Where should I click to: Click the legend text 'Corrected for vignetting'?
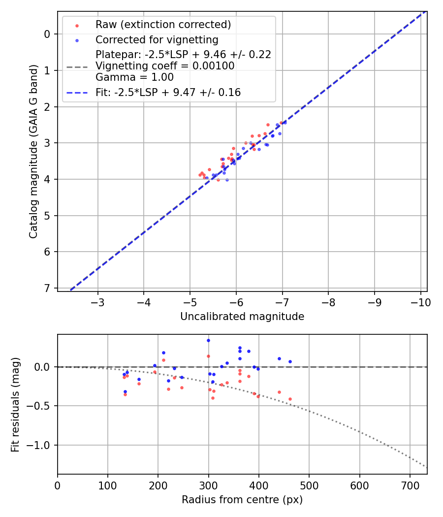pos(157,39)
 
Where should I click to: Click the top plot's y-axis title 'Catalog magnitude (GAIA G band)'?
pos(33,151)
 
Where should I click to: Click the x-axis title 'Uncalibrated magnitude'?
pos(242,317)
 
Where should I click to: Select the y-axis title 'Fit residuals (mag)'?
pos(15,405)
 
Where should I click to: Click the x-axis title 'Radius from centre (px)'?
pos(242,500)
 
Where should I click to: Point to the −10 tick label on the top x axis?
pos(421,302)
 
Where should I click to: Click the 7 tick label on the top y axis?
pos(47,288)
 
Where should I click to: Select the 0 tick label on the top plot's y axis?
pos(47,34)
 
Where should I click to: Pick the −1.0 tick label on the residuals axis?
pos(41,445)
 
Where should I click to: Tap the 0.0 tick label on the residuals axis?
pos(43,367)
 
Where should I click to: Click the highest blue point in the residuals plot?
pos(208,340)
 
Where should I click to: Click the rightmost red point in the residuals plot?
pos(290,399)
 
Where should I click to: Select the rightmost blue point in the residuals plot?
pos(290,361)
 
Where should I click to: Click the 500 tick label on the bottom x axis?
pos(309,485)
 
